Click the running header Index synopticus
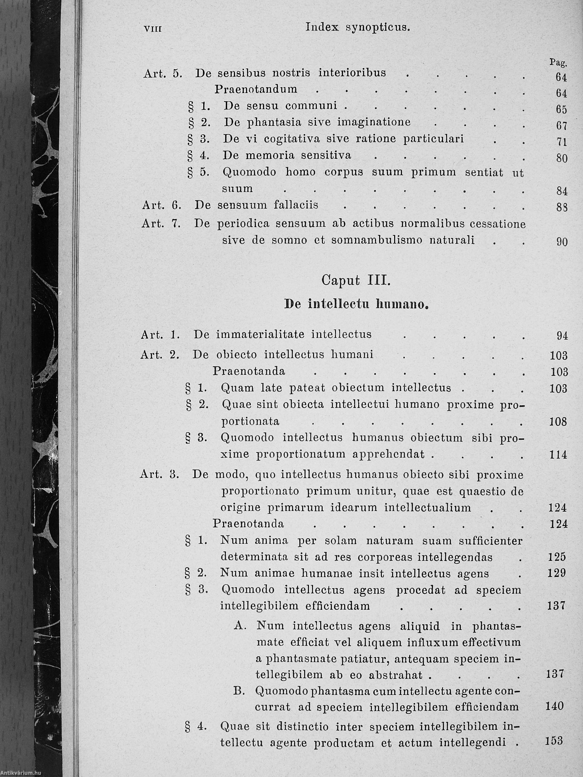[x=358, y=27]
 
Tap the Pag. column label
[x=558, y=63]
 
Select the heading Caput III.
[x=355, y=281]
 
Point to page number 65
[x=561, y=109]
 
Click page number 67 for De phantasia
[x=561, y=126]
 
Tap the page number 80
[x=561, y=158]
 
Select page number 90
[x=562, y=242]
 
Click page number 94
[x=562, y=336]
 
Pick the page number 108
[x=558, y=422]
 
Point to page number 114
[x=558, y=455]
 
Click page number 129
[x=557, y=573]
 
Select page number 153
[x=554, y=741]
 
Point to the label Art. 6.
[x=161, y=205]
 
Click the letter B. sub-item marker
[x=239, y=691]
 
